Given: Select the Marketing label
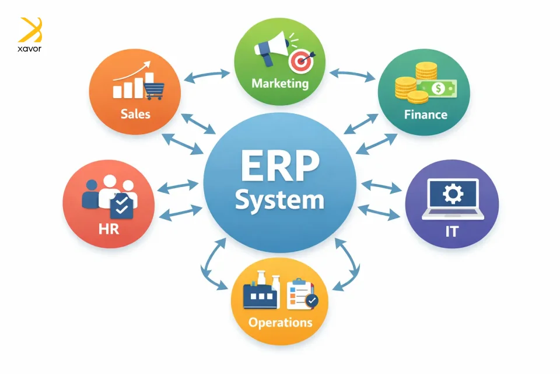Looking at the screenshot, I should [x=280, y=84].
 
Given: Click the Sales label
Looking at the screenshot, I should [x=135, y=113].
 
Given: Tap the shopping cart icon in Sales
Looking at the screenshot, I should [x=154, y=90].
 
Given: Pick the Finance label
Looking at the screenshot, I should [x=426, y=114].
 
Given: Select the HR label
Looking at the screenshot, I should [x=109, y=228].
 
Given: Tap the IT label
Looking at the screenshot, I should [x=452, y=231].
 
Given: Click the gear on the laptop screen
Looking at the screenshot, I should [x=452, y=193].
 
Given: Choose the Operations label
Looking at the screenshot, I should [x=280, y=322].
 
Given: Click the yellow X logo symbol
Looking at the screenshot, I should [x=31, y=29].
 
